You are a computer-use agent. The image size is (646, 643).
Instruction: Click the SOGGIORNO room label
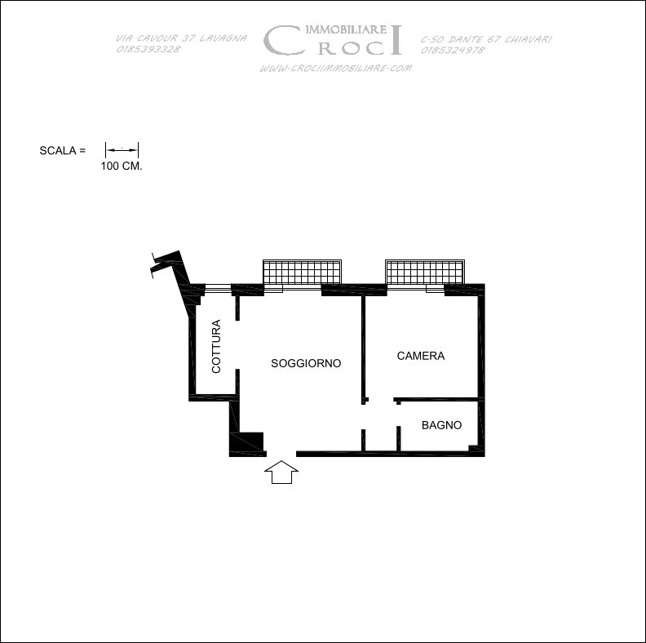[x=306, y=363]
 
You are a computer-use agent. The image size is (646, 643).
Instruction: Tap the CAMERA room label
[x=421, y=356]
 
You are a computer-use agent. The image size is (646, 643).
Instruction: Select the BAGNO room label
[x=441, y=425]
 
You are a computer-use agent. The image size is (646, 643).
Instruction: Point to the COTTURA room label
[x=216, y=346]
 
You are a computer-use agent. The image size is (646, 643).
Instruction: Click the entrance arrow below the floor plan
[x=281, y=472]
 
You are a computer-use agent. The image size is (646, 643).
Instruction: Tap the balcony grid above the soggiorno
[x=302, y=272]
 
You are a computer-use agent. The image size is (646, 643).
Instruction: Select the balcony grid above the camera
[x=425, y=272]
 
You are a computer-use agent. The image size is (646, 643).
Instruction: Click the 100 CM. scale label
[x=122, y=166]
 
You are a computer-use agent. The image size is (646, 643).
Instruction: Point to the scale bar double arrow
[x=122, y=150]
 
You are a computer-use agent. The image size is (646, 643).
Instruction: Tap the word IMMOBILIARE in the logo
[x=346, y=29]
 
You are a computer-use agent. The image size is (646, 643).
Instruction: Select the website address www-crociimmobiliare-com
[x=336, y=68]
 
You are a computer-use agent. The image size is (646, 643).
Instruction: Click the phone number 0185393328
[x=148, y=49]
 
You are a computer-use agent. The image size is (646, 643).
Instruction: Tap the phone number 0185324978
[x=453, y=51]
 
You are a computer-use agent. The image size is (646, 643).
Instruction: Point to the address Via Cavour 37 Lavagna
[x=181, y=38]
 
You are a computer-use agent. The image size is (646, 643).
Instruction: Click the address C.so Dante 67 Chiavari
[x=486, y=39]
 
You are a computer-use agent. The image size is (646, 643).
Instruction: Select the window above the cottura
[x=218, y=288]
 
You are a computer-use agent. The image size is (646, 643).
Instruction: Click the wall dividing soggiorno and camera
[x=364, y=349]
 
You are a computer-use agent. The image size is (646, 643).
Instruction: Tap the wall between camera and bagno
[x=436, y=399]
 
